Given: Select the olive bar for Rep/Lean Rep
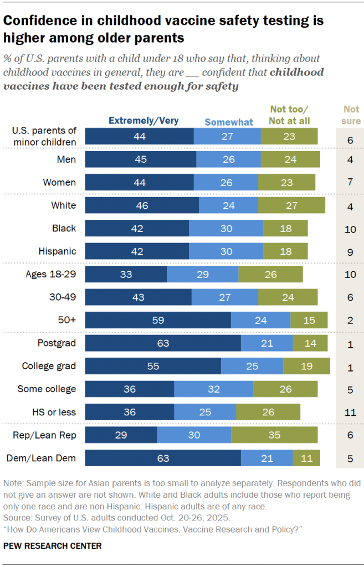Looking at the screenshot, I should (x=274, y=435).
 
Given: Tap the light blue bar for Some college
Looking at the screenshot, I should (x=213, y=389).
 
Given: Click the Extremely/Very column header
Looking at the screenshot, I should (x=143, y=120).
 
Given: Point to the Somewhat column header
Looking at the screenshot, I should (x=229, y=122).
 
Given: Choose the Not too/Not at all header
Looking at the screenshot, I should (x=290, y=115).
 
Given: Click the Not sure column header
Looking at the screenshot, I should (x=351, y=115).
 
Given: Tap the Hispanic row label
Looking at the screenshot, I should (x=57, y=251).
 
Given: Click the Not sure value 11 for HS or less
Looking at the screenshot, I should (x=350, y=413).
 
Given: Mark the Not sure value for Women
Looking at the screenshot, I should (x=350, y=183).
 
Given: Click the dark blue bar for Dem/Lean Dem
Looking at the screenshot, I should (x=163, y=458).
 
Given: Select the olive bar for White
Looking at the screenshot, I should (x=291, y=205).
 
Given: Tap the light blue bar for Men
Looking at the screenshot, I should (x=228, y=159).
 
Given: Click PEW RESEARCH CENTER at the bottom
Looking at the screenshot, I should (x=53, y=546).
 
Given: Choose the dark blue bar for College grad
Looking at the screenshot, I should (x=153, y=366).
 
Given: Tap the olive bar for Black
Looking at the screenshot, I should (x=285, y=228).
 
